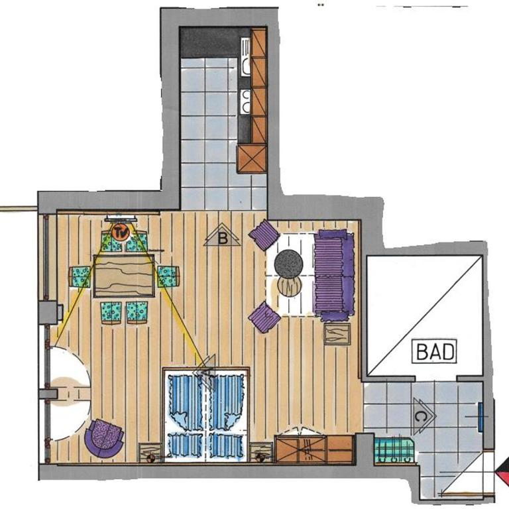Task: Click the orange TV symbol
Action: [x=121, y=233]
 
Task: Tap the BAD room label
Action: [x=434, y=351]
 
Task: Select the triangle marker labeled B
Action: [x=223, y=235]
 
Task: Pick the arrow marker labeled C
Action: [x=424, y=416]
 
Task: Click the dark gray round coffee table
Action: [x=288, y=264]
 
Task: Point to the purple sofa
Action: [x=334, y=275]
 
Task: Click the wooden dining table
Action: [x=124, y=276]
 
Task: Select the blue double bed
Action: [x=206, y=414]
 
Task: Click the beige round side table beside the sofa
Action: [x=290, y=286]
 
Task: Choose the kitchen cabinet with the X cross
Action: [x=252, y=159]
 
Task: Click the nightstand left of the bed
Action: [x=150, y=453]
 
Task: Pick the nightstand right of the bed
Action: [x=261, y=452]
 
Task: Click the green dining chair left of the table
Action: [x=80, y=276]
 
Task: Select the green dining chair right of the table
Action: [x=168, y=276]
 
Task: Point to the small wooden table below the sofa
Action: [x=337, y=334]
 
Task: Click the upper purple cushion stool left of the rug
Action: [x=264, y=235]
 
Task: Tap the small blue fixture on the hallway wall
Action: [x=481, y=417]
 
